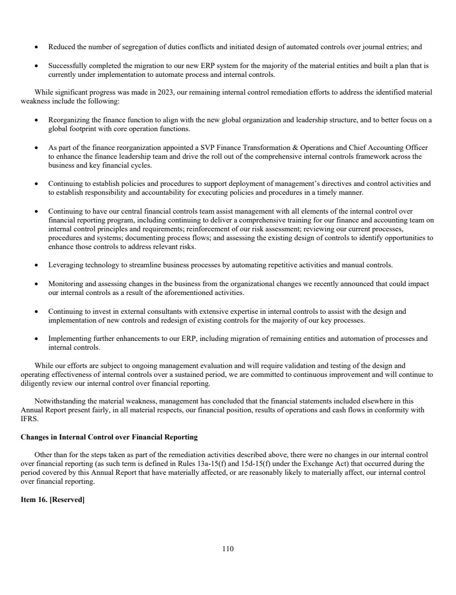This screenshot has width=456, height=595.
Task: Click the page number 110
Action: pyautogui.click(x=228, y=549)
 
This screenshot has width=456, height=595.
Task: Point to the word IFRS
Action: pyautogui.click(x=28, y=418)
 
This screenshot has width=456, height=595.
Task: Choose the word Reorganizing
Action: pyautogui.click(x=70, y=120)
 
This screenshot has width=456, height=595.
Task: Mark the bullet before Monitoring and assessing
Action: pyautogui.click(x=37, y=284)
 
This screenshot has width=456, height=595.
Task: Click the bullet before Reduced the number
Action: pyautogui.click(x=37, y=47)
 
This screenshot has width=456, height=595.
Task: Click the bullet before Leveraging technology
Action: pyautogui.click(x=37, y=265)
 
